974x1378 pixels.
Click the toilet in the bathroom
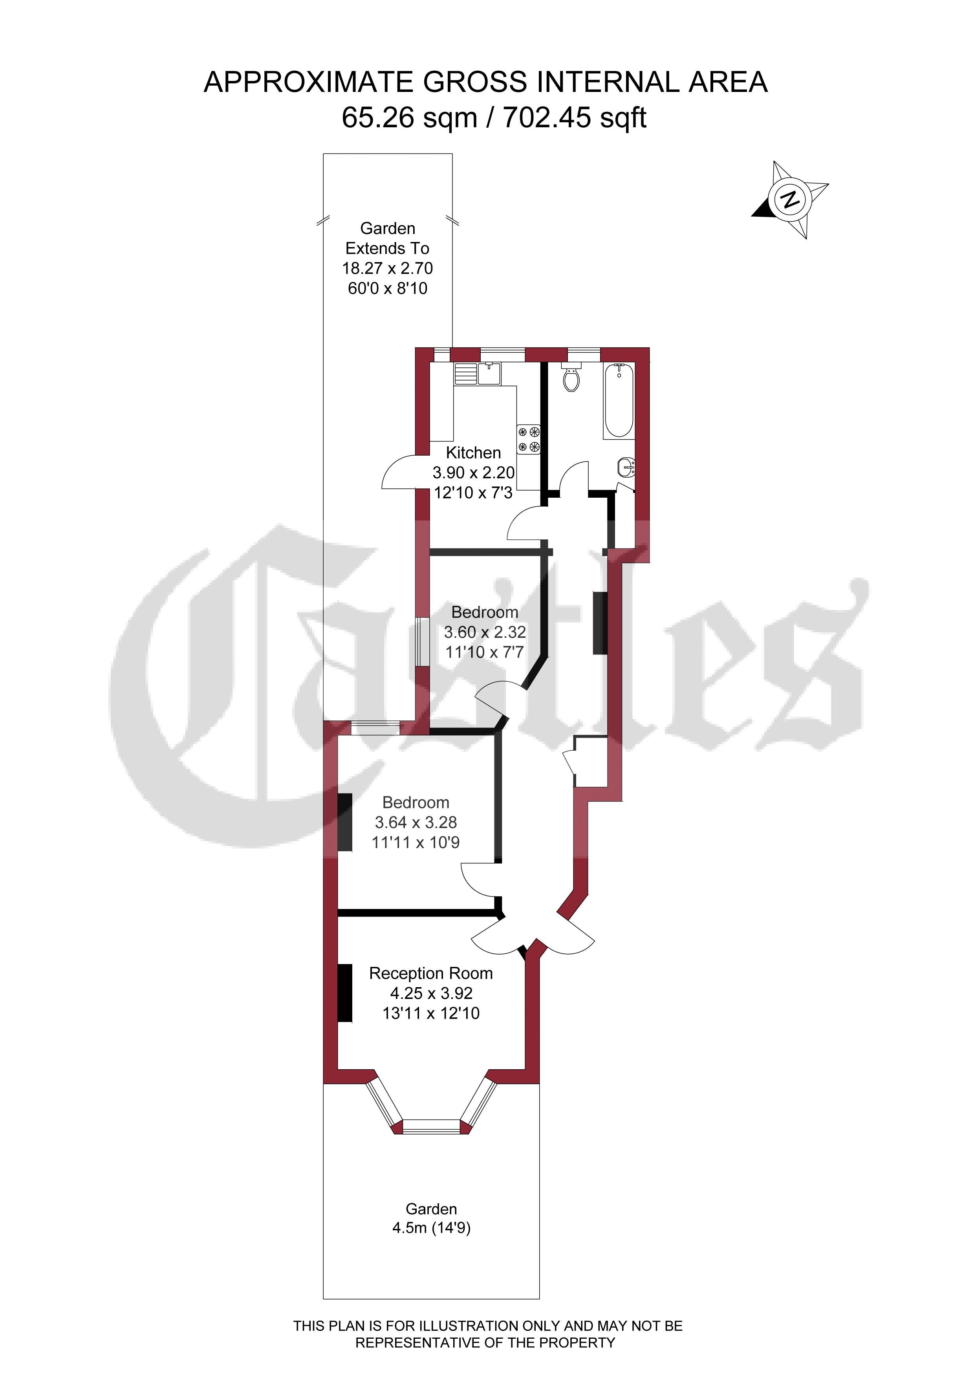coord(572,377)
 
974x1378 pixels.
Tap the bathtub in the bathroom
coord(619,400)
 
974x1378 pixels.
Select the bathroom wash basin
coord(626,466)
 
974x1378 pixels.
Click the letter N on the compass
coord(791,199)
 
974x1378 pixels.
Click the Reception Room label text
coord(431,973)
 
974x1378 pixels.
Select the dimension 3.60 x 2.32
coord(485,632)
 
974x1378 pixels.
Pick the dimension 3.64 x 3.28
coord(416,822)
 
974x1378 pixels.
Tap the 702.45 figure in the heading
coord(547,117)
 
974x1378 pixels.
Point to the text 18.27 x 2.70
coord(388,268)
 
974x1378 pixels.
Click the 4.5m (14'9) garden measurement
coord(432,1228)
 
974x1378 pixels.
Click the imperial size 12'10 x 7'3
coord(474,493)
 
